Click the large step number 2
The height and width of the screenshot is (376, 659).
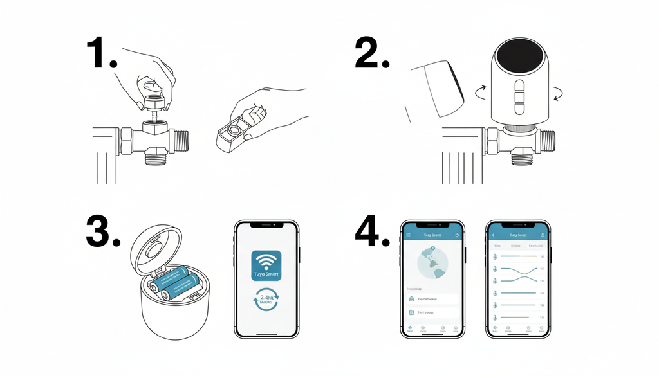point(371,54)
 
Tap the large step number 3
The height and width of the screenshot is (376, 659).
point(103,232)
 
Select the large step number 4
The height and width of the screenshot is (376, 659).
point(373,232)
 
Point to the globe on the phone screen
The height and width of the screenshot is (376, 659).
point(431,264)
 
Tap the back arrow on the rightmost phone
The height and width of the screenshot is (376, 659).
point(494,235)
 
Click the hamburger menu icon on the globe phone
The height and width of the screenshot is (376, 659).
point(408,235)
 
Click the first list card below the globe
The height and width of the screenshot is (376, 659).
point(431,299)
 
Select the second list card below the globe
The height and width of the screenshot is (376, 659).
point(431,312)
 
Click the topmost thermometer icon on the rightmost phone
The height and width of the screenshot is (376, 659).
point(495,256)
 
